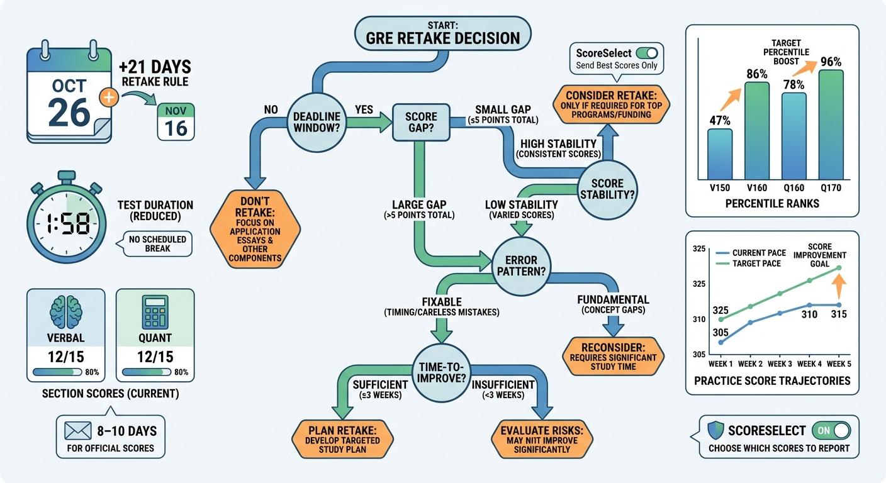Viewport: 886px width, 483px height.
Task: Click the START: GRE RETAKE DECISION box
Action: tap(442, 32)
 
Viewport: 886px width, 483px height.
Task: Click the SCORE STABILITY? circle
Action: tap(607, 189)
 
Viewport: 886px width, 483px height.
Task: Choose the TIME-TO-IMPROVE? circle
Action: tap(441, 375)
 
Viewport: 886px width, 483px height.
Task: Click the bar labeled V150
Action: tap(719, 154)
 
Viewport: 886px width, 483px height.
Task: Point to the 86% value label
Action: tap(757, 74)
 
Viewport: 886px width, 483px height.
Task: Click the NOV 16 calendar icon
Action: tap(176, 122)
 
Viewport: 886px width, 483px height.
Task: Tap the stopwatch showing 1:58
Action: tap(66, 222)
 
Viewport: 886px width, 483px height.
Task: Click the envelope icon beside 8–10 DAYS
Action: tap(79, 431)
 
